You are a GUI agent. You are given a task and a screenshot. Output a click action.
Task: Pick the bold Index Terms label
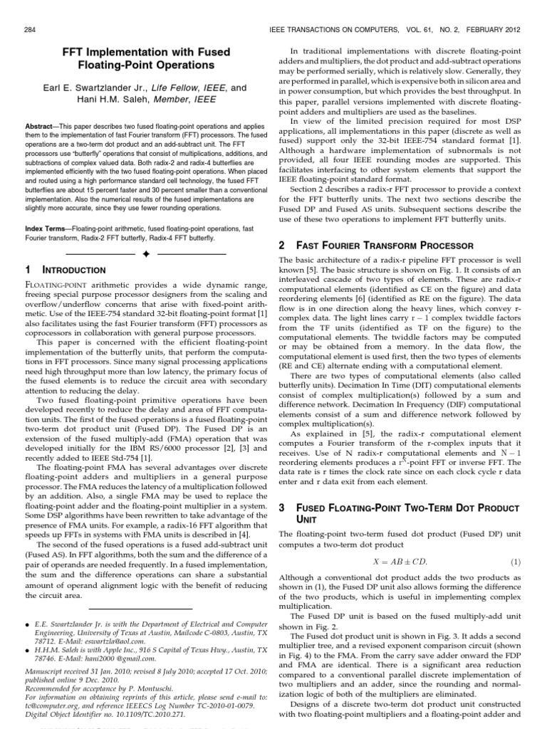[x=49, y=229]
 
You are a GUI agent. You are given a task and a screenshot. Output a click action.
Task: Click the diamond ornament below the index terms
[x=145, y=253]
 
